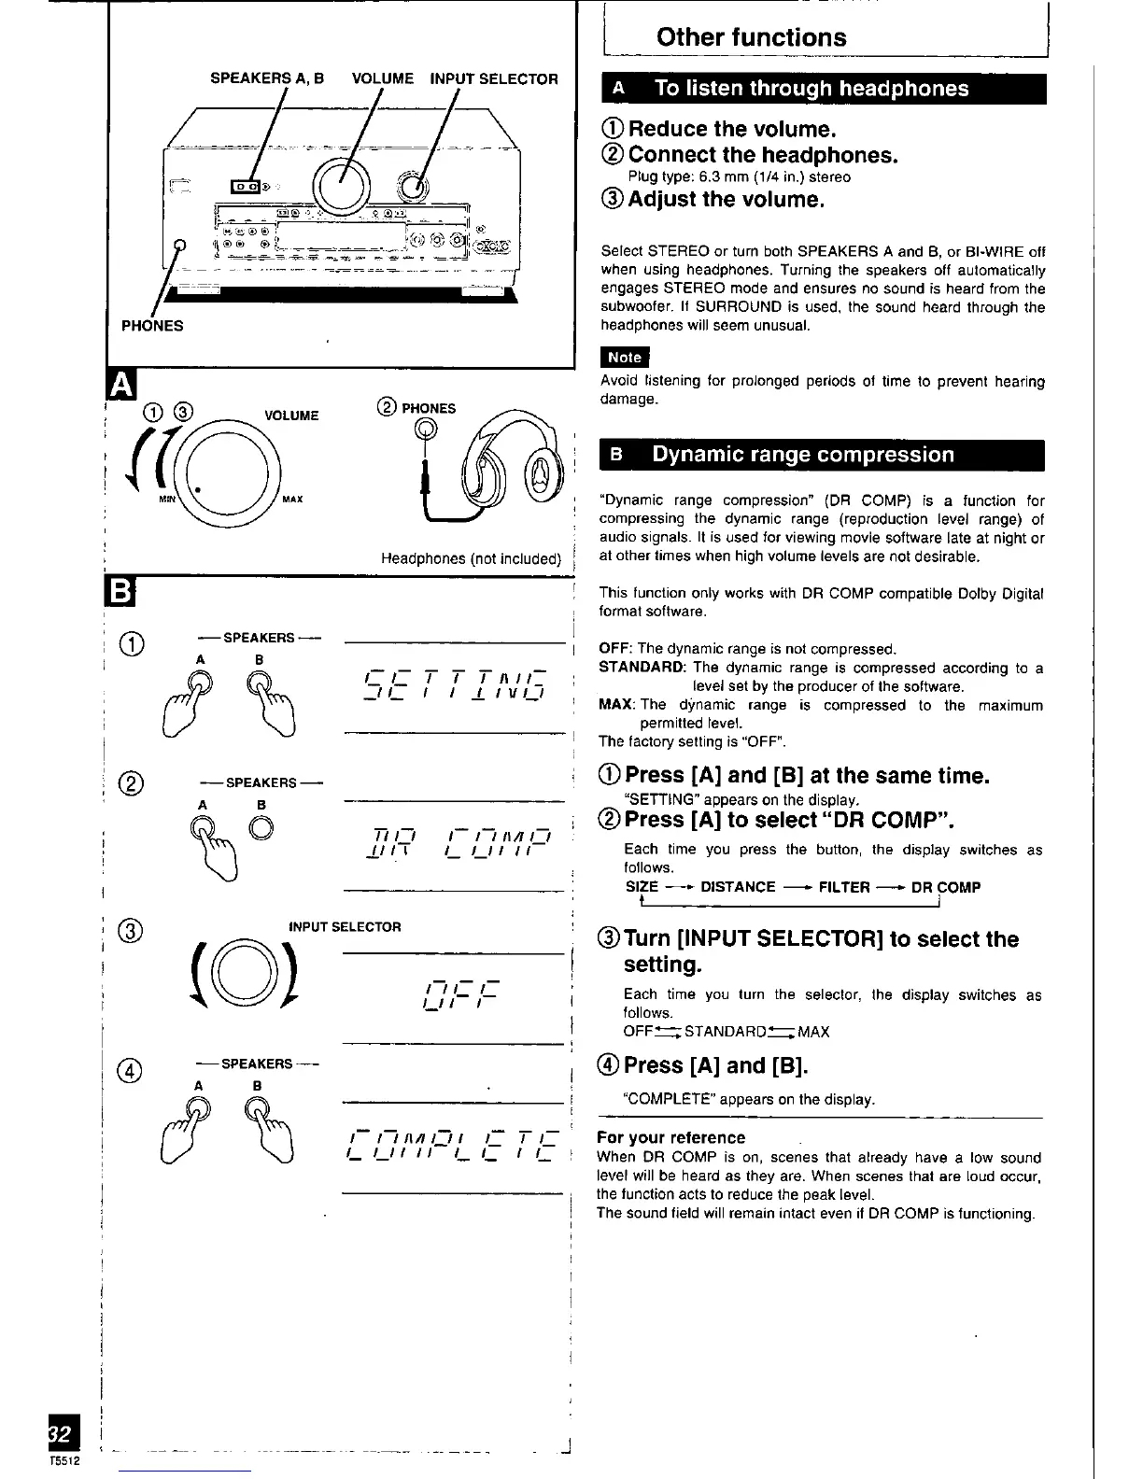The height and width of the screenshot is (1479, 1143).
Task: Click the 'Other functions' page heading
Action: [x=751, y=37]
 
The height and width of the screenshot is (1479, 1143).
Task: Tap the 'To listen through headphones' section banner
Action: [x=811, y=89]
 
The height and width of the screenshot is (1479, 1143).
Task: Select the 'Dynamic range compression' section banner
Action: [x=803, y=455]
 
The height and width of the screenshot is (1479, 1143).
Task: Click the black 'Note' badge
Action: [x=624, y=358]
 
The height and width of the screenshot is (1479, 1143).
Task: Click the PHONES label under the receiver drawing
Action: [x=152, y=326]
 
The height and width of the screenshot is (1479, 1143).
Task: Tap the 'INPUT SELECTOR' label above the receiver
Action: [x=493, y=79]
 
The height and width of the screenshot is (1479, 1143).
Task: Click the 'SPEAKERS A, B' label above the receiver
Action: [x=266, y=79]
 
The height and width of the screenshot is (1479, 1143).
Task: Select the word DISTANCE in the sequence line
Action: [x=738, y=887]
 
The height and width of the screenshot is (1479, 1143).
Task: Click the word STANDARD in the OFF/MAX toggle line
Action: [x=725, y=1032]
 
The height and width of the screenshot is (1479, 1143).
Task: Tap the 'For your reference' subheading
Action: [x=670, y=1137]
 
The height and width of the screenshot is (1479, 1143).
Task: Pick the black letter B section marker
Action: [x=122, y=594]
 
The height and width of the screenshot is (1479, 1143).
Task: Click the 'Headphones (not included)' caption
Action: [x=470, y=559]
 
